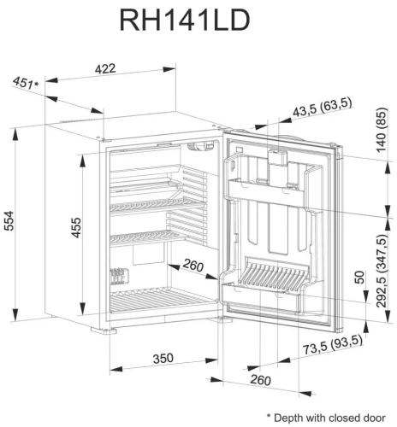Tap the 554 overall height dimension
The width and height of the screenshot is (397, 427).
pos(12,222)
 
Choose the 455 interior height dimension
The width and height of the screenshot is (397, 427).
pos(76,229)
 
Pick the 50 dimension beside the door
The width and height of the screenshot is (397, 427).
pos(360,278)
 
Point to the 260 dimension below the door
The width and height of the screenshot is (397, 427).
pos(261,379)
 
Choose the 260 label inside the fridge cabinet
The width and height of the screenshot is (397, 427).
pos(193,267)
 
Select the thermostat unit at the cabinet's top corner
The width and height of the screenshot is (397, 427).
pos(203,145)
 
